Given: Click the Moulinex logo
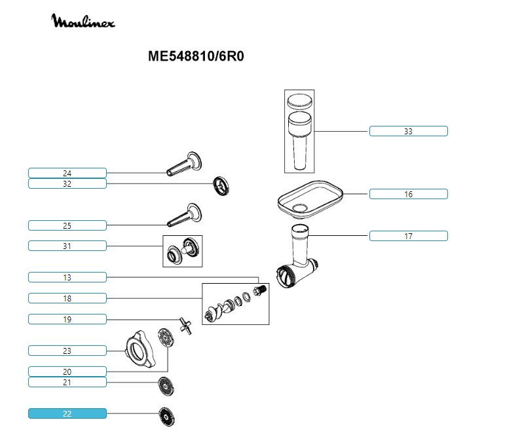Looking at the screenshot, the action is [83, 21].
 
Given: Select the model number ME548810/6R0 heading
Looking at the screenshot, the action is [196, 56].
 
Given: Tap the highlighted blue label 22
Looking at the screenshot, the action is [67, 413].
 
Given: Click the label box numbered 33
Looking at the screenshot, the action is [409, 131].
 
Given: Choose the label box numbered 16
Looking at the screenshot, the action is [409, 194].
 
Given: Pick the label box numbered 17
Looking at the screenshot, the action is [409, 236].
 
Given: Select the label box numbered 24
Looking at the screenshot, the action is [67, 173].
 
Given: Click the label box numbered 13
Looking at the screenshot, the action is [67, 277].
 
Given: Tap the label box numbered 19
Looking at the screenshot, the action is [67, 319].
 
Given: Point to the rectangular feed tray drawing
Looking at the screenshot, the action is [310, 199].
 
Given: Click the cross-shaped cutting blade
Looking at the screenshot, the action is [186, 326].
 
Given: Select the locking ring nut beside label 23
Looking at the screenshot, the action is [140, 349].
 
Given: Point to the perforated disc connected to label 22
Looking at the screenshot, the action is [167, 417].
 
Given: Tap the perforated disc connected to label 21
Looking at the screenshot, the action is [166, 387].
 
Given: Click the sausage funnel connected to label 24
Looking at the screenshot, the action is [184, 164].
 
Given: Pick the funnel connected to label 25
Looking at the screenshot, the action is [185, 215].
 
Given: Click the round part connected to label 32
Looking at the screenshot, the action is [221, 186].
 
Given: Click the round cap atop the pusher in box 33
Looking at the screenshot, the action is [300, 102].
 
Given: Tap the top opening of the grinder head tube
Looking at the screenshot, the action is [300, 229].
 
